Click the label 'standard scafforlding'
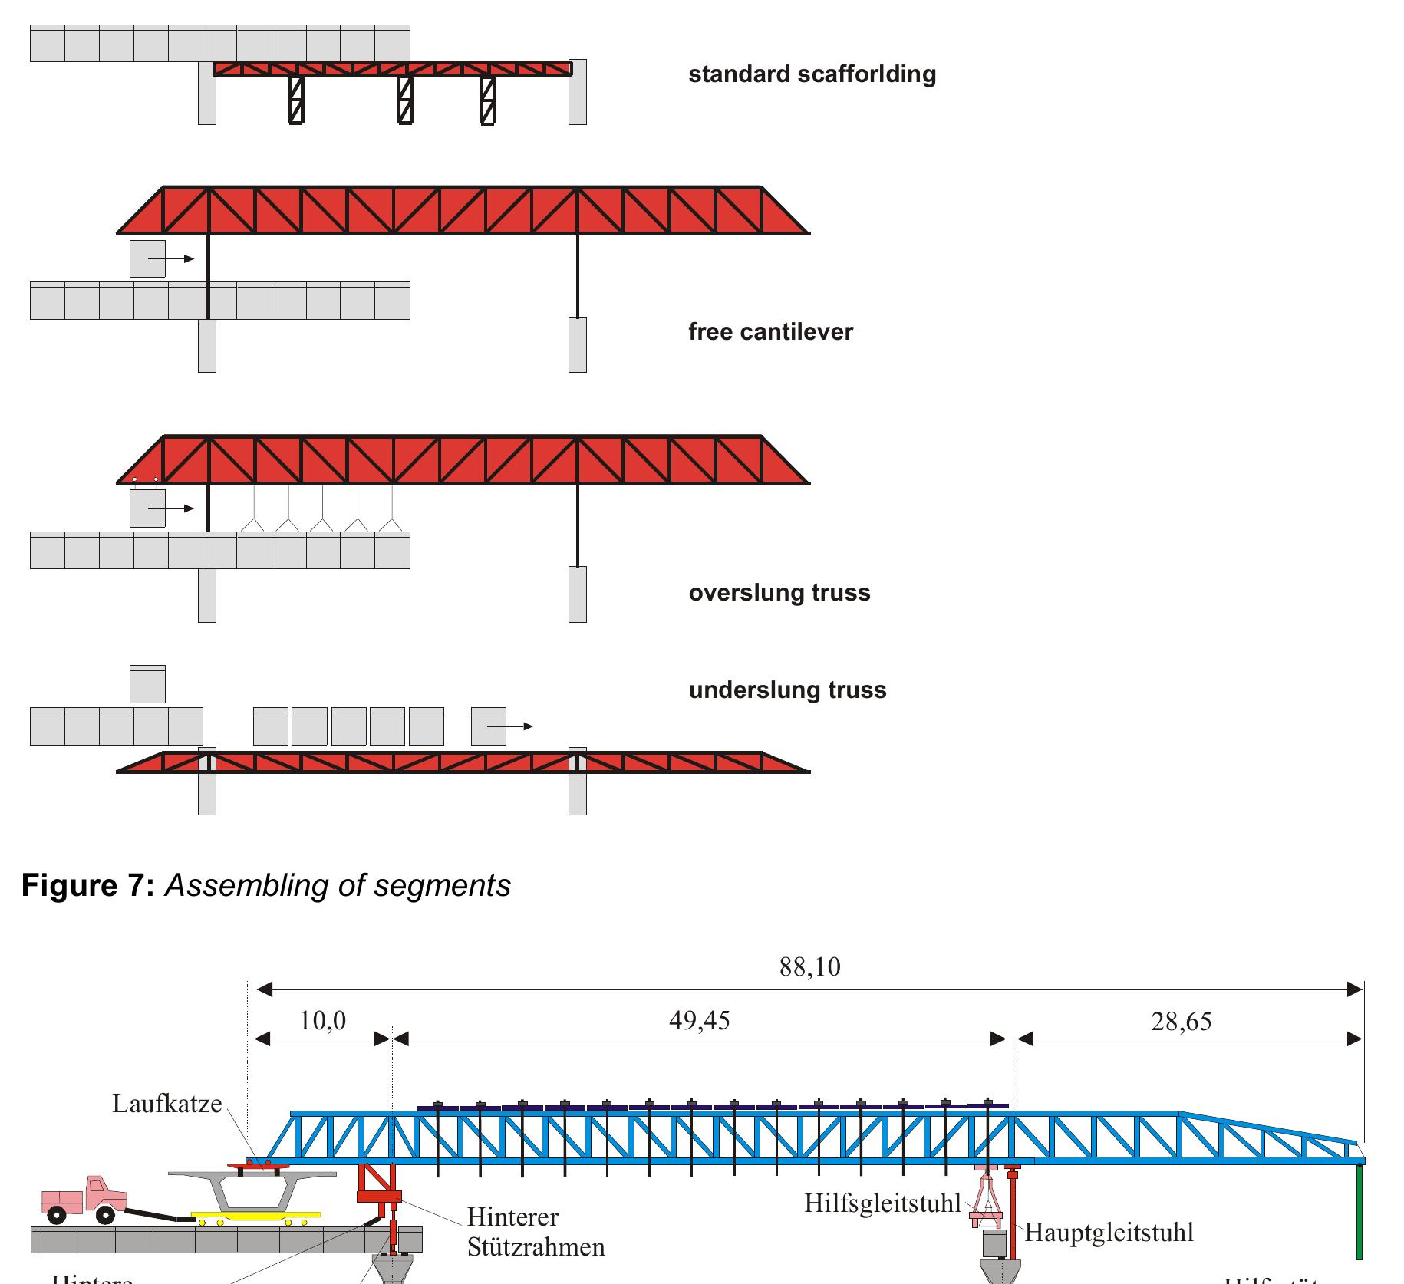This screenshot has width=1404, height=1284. tap(812, 74)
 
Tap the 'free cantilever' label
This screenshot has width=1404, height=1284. tap(770, 332)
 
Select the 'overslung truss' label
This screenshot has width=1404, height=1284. tap(779, 593)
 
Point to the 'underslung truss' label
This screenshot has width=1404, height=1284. tap(787, 690)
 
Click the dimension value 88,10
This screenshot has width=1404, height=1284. tap(809, 967)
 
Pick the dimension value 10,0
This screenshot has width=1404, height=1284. tap(322, 1021)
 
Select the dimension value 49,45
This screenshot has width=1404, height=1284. tap(699, 1021)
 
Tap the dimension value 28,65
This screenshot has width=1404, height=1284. tap(1181, 1022)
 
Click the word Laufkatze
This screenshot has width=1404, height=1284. tap(166, 1104)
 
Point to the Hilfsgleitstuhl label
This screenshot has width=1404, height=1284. tap(882, 1203)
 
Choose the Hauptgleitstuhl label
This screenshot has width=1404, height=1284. tap(1109, 1233)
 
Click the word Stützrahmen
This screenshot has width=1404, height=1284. tap(536, 1247)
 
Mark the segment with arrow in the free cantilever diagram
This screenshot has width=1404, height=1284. tap(147, 259)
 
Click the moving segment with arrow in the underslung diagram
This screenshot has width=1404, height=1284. tap(489, 726)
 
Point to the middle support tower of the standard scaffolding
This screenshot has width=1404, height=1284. tap(405, 100)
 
